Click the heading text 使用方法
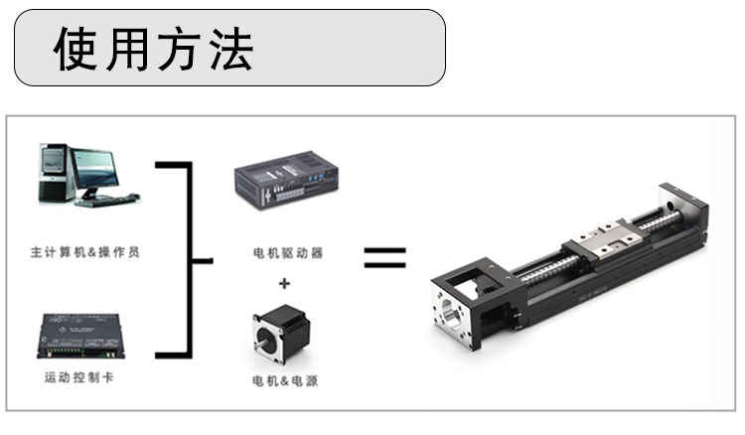153,49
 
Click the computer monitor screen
94,169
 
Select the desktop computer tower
54,172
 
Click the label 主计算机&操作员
85,252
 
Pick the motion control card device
80,336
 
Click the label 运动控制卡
79,377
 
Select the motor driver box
286,180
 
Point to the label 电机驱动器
288,252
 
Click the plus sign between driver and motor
284,283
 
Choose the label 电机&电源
285,380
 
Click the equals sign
384,257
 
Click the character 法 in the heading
231,49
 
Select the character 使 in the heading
75,49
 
